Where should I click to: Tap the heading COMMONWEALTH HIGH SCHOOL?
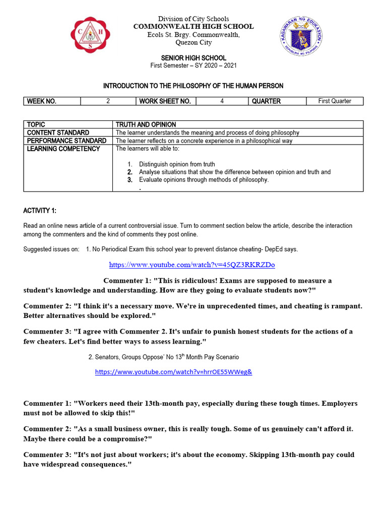coord(193,27)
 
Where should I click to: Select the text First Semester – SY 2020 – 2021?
coord(193,66)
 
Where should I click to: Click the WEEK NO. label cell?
coord(52,101)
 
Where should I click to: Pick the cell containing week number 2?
coord(108,101)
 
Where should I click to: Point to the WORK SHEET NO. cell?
coord(166,101)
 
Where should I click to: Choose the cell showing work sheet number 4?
coord(222,101)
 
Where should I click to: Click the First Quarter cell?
coord(335,101)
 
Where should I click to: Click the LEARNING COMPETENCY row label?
coord(63,149)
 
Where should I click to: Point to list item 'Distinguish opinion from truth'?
coord(177,164)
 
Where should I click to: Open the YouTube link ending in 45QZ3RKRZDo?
coord(192,265)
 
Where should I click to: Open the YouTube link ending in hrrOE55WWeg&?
coord(173,372)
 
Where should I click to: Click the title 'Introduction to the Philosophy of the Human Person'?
coord(193,86)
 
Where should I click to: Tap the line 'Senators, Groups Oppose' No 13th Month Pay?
coord(163,357)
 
